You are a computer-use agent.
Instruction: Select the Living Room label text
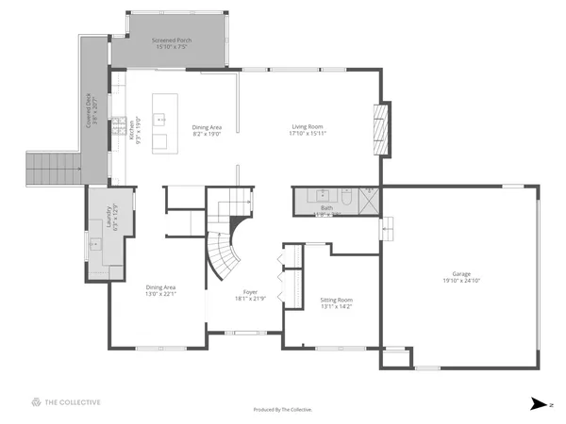308,127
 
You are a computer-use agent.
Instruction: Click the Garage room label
461,274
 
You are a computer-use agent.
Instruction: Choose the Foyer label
250,293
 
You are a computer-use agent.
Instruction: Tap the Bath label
325,207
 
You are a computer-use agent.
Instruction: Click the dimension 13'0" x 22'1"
160,293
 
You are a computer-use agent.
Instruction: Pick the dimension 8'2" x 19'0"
207,134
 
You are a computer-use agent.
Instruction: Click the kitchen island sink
159,120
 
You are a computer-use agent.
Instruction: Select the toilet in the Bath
346,199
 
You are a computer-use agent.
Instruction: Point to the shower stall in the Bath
369,199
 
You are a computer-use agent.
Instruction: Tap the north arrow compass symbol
538,402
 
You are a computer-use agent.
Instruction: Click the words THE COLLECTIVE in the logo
73,402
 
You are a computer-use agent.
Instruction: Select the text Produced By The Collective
283,410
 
